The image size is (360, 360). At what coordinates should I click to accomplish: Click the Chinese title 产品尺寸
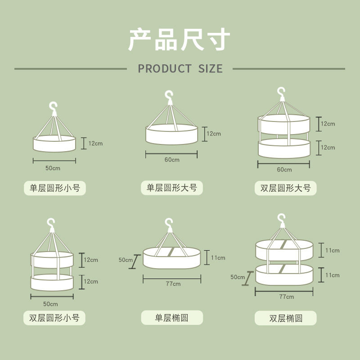(x=180, y=40)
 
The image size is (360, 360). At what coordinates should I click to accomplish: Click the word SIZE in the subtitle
(x=210, y=69)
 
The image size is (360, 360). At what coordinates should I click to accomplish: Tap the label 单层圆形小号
(x=54, y=188)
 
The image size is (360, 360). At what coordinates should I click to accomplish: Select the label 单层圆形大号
(x=171, y=188)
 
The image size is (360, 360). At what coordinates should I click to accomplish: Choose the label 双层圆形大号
(x=285, y=188)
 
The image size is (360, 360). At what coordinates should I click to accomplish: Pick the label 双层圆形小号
(x=54, y=318)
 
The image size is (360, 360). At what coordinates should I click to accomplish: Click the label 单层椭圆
(x=171, y=318)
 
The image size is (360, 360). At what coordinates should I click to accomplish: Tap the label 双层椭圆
(x=285, y=318)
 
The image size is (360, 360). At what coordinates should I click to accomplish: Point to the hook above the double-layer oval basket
(x=282, y=220)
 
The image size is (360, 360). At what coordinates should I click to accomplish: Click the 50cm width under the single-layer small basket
(x=53, y=168)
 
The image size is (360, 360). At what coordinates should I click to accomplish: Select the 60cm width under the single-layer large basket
(x=171, y=160)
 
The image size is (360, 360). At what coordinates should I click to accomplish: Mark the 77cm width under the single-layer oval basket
(x=173, y=284)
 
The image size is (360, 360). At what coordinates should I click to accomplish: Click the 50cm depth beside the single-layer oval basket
(x=126, y=260)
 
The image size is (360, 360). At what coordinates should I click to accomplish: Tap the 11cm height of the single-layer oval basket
(x=218, y=258)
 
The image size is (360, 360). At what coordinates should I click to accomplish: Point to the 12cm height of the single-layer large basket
(x=214, y=134)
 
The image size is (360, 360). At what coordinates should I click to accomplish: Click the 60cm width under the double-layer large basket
(x=284, y=170)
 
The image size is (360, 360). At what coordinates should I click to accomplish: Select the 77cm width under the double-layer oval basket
(x=286, y=297)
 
